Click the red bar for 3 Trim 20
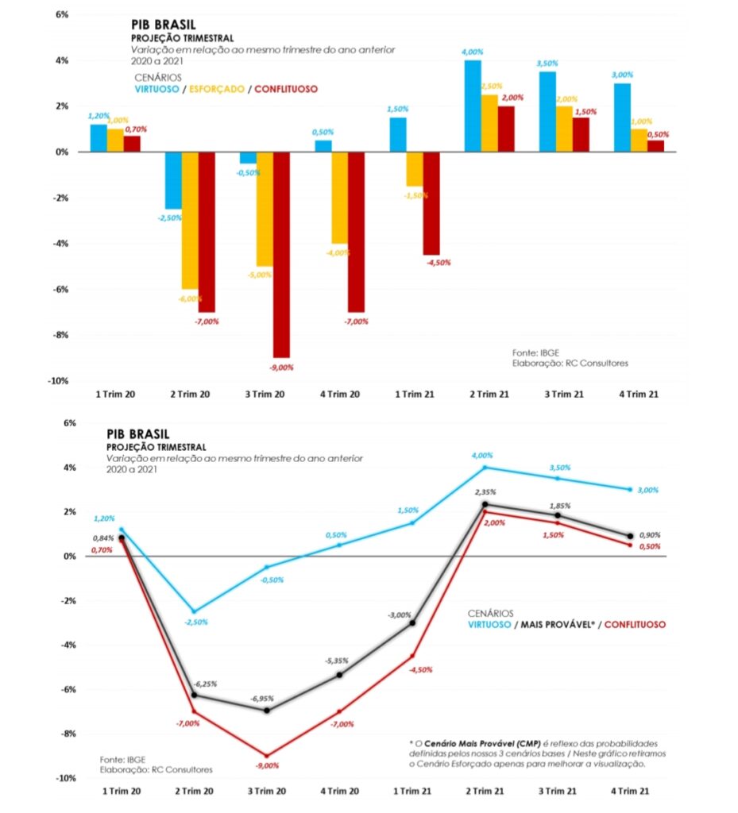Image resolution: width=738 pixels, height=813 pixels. [281, 255]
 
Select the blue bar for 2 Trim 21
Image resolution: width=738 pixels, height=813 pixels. [473, 106]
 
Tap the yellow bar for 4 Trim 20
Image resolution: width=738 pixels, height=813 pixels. [340, 198]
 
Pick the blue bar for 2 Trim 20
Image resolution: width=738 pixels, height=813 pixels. [173, 180]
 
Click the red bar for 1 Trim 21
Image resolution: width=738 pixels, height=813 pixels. [431, 203]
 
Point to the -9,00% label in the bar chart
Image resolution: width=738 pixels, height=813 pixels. [281, 368]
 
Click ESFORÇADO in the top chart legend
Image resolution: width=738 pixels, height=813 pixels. [216, 89]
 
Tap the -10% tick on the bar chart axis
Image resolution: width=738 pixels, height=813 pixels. [58, 381]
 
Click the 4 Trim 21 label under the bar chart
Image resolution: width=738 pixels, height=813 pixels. [639, 395]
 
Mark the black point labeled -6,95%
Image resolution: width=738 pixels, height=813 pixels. [267, 711]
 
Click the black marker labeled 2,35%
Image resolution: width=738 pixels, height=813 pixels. [485, 504]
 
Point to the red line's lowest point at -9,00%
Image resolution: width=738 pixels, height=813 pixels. [267, 756]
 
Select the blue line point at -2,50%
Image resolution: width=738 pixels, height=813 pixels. [195, 612]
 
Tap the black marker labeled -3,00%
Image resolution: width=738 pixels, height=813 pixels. [412, 622]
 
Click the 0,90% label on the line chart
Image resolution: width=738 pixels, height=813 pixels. [650, 535]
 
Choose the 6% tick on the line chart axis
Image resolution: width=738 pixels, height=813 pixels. [69, 423]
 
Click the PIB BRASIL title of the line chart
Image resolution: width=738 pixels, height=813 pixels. [138, 434]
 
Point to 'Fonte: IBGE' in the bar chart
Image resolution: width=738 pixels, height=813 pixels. [535, 353]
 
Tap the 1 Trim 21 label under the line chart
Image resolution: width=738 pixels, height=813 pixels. [412, 792]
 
